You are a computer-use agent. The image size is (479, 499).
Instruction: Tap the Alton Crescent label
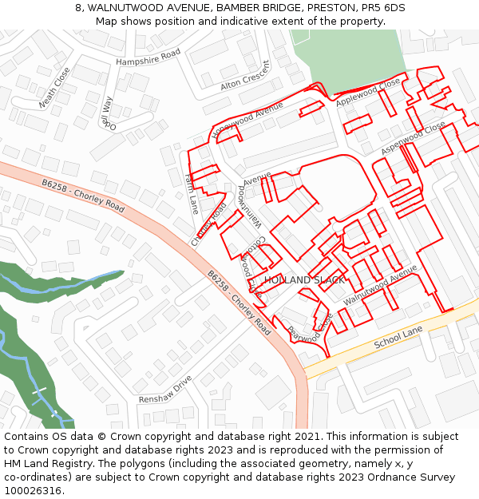(246, 75)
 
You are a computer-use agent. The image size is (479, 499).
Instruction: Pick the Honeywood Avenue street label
(248, 121)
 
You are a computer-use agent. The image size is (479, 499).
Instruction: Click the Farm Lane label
(191, 194)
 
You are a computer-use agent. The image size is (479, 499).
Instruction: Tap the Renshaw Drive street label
(165, 388)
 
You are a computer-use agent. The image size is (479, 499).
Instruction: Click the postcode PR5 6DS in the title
(386, 8)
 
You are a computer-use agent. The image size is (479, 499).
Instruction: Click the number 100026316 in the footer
(39, 491)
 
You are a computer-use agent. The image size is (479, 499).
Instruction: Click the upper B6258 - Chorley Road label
(83, 196)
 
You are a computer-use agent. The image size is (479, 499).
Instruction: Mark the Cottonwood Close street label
(252, 263)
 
